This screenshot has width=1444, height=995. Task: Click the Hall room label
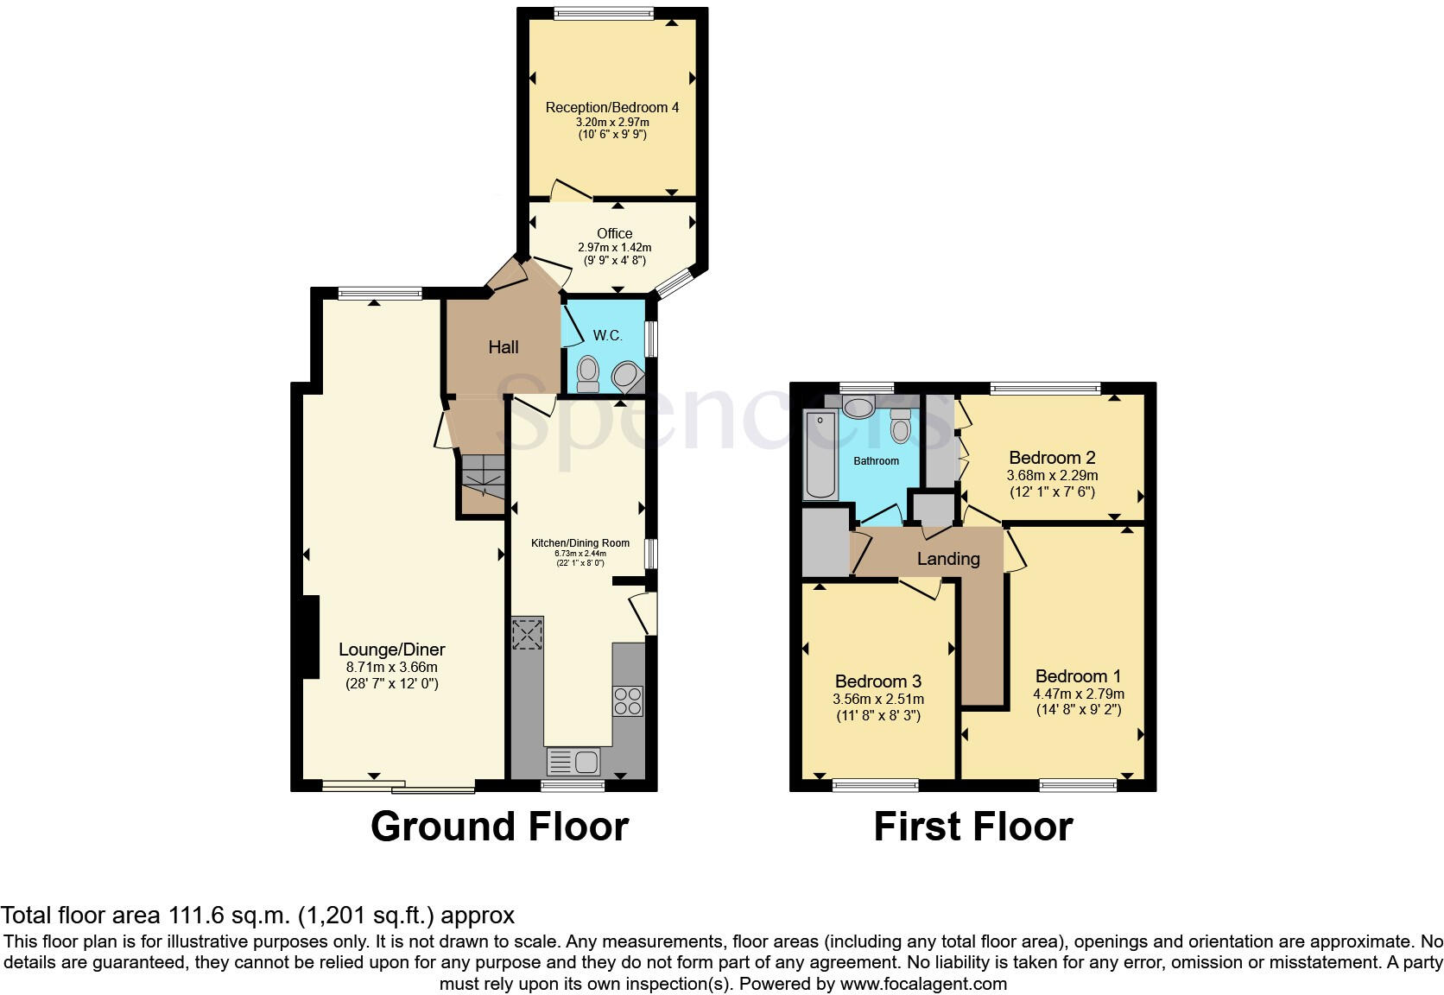point(503,347)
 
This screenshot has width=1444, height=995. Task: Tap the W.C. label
point(607,335)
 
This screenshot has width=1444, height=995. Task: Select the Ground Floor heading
point(499,827)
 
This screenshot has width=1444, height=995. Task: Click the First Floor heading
point(972,827)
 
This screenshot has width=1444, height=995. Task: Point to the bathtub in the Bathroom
point(820,454)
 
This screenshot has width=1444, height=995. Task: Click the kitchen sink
point(573,762)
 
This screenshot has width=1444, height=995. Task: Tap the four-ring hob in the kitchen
point(628,701)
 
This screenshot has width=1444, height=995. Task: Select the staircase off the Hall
point(483,476)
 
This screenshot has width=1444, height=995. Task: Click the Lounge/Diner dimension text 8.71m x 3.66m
point(392,668)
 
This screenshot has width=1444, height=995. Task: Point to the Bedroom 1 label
point(1078,676)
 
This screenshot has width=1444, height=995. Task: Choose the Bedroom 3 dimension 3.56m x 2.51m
point(878,699)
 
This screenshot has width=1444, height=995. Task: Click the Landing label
point(948,559)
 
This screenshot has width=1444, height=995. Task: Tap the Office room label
point(614,233)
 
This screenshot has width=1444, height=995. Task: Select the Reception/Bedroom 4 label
point(611,108)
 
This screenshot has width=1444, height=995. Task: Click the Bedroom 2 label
point(1052,458)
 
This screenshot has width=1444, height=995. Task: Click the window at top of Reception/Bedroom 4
point(604,13)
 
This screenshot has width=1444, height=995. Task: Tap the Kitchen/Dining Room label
point(580,543)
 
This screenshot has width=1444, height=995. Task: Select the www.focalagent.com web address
point(923,984)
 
